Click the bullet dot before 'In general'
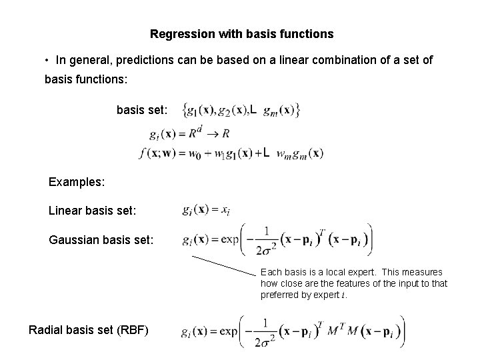(x=47, y=61)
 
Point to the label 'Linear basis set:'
(x=93, y=211)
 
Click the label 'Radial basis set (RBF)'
(x=89, y=329)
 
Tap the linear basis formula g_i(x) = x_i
(x=206, y=210)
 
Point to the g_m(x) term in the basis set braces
(x=279, y=109)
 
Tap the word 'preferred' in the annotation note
(x=279, y=294)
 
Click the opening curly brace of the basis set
(x=177, y=109)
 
